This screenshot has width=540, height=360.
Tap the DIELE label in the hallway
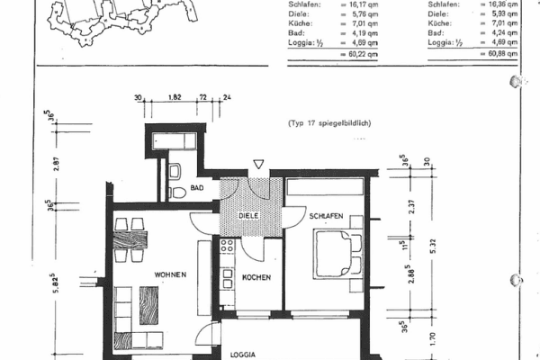coord(248,217)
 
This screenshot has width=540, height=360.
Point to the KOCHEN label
coord(256,277)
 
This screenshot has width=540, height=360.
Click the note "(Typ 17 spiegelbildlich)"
coord(330,122)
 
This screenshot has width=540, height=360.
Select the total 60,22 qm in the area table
coord(358,55)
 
